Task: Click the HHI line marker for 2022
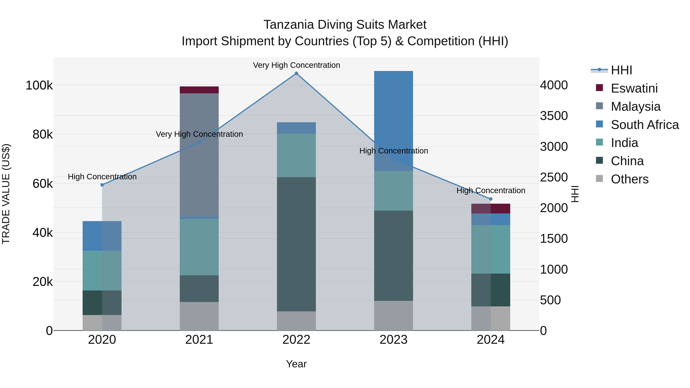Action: [x=296, y=73]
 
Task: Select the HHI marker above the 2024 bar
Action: [x=491, y=199]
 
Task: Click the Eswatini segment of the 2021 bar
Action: [x=199, y=90]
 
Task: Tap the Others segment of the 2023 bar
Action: [x=393, y=316]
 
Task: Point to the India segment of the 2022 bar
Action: [x=296, y=155]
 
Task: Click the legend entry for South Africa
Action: [x=644, y=125]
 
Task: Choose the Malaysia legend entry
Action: [x=635, y=106]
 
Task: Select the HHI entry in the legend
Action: [x=621, y=70]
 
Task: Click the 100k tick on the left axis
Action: [x=39, y=85]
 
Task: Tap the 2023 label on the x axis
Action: [x=393, y=340]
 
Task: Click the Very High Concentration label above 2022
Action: [x=296, y=65]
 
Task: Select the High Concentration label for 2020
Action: [x=102, y=177]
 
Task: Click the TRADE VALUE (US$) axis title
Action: [x=6, y=194]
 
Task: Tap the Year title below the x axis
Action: [x=296, y=364]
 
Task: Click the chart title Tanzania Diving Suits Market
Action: [x=345, y=25]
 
